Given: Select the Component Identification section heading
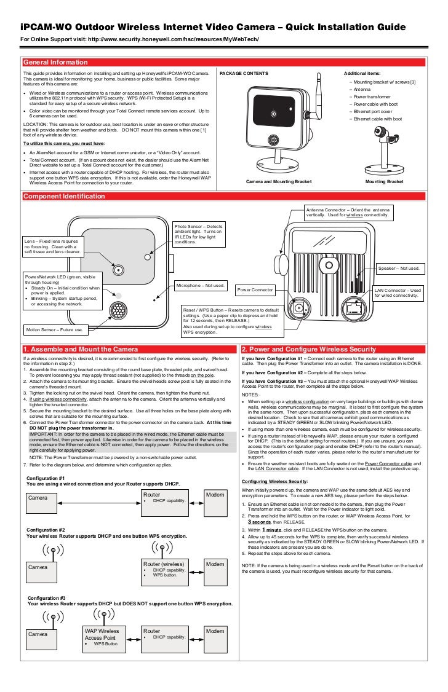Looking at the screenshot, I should tap(64, 197).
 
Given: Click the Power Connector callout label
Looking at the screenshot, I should tap(255, 289).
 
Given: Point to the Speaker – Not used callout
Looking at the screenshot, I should tap(399, 269).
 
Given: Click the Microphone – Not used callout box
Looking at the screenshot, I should tap(201, 286).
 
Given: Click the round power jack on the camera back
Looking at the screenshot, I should tap(299, 309).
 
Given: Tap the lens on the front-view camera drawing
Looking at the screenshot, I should tap(116, 270).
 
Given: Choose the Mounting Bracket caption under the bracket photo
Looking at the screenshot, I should tap(384, 182).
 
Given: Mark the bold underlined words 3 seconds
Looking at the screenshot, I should tap(260, 522).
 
